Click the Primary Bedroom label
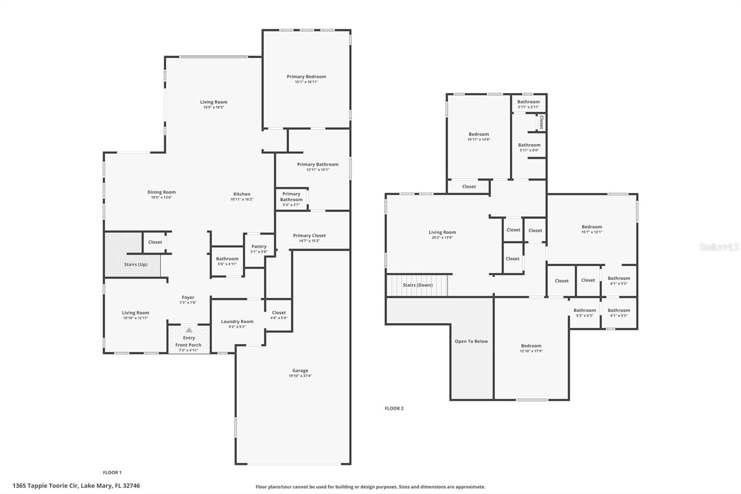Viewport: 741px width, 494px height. (306, 76)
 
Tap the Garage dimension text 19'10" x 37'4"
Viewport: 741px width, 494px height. (300, 376)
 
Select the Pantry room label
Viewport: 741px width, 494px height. (259, 247)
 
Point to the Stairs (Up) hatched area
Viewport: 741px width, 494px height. (132, 254)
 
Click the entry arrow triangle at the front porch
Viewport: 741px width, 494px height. (189, 330)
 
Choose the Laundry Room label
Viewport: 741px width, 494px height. (237, 322)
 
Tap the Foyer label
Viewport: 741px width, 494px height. (188, 298)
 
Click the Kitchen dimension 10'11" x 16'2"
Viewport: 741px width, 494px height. (242, 199)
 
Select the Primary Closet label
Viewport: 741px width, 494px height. (309, 235)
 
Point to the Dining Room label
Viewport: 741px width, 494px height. (162, 192)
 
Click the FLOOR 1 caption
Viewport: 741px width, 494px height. (112, 473)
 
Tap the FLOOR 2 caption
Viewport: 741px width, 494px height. (394, 408)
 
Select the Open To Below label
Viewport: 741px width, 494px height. (471, 342)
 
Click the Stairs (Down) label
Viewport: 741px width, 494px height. (417, 285)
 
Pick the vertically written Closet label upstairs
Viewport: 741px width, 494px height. (541, 122)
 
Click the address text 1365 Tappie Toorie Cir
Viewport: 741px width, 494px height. (45, 486)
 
